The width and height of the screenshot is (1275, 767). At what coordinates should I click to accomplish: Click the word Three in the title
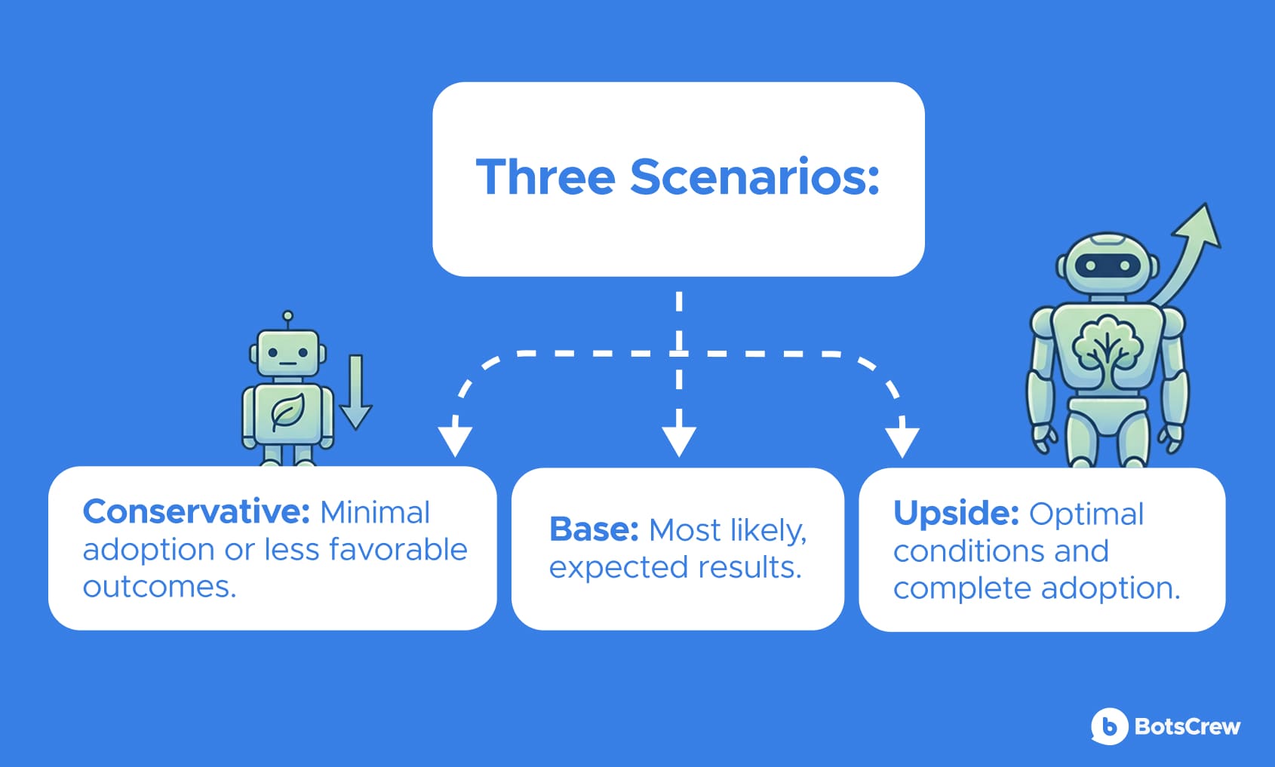pos(546,176)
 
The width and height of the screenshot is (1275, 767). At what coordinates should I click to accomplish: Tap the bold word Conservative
pos(196,511)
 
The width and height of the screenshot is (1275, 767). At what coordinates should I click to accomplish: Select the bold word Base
pos(594,529)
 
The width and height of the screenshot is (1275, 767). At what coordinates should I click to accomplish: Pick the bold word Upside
pos(956,514)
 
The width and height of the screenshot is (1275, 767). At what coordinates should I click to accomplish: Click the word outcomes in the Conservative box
pos(159,587)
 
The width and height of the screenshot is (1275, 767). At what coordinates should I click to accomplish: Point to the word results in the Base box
pos(750,567)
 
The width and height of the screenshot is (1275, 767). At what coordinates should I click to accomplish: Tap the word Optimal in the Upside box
pos(1086,514)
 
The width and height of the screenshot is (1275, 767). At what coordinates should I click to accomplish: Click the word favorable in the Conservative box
pos(398,549)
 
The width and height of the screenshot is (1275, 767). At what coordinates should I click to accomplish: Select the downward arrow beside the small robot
pos(356,392)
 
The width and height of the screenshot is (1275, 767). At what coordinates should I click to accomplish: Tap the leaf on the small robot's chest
pos(287,411)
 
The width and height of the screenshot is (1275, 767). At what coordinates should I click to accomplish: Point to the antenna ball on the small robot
pos(288,316)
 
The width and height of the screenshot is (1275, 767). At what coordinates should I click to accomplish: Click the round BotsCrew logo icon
pos(1109,726)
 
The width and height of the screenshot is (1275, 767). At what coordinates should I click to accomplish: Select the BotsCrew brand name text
pos(1187,726)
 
